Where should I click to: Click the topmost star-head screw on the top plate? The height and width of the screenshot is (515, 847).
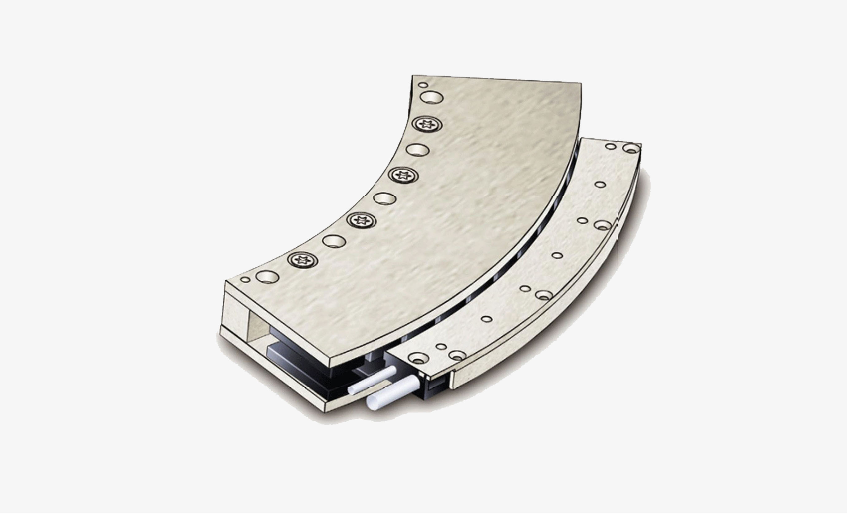coord(427,125)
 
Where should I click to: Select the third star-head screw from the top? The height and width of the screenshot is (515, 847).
coord(361,219)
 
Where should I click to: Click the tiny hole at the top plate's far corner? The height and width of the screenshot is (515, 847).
coord(423,85)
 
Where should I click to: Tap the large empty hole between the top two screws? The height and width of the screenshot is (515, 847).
coord(417,150)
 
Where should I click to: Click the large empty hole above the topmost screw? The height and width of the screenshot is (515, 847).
coord(432,97)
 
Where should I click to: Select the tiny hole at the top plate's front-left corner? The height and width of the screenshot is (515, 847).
coord(245,279)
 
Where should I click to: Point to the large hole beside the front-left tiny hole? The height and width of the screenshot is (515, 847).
coord(267,276)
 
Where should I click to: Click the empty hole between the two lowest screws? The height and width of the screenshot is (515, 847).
coord(334,241)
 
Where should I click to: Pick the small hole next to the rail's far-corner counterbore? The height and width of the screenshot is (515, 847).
coord(610,146)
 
